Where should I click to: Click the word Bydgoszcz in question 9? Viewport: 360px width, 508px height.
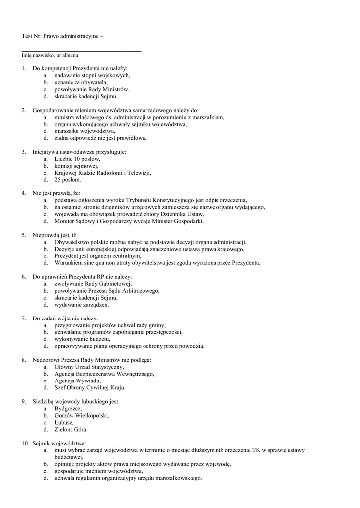68,408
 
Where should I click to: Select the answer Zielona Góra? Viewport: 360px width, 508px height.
71,429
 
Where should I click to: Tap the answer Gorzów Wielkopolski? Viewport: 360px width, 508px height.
81,415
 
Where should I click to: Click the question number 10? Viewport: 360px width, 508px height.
25,443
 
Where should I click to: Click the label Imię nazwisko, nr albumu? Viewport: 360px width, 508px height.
50,55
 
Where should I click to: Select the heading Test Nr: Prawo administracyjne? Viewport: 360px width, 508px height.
63,36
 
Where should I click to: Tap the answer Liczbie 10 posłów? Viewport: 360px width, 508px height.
77,159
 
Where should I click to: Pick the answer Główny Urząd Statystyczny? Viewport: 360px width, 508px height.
89,367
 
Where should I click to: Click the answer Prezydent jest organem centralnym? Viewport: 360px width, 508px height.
97,256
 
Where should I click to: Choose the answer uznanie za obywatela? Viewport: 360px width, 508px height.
81,82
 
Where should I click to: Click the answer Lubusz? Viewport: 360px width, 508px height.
64,422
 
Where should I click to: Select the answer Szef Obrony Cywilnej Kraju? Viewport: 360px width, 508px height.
90,387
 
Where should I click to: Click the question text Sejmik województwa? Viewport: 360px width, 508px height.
60,443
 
